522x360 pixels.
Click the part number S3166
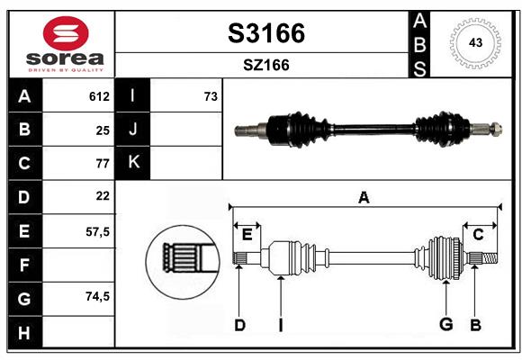(x=265, y=33)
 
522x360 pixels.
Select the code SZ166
(x=265, y=65)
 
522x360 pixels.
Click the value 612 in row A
(x=99, y=96)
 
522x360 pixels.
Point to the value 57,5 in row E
(x=97, y=230)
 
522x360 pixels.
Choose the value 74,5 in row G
(x=97, y=296)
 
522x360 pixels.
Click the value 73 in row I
(x=211, y=96)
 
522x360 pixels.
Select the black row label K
(x=133, y=163)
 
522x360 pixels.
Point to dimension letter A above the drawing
(x=364, y=197)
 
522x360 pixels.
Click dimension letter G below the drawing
(x=445, y=325)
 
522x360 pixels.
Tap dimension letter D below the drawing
(x=239, y=325)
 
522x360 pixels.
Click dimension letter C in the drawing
(x=478, y=234)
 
